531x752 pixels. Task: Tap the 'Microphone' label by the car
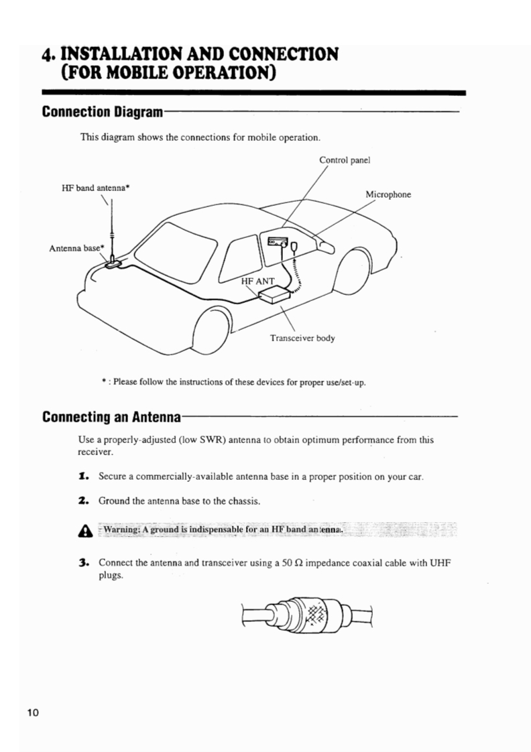[x=388, y=195]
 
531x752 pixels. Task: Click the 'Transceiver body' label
[x=302, y=338]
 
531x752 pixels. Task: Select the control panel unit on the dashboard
[x=279, y=243]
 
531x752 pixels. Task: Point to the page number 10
[x=34, y=712]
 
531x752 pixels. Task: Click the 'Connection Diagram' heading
[x=103, y=111]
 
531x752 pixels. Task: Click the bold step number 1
[x=84, y=477]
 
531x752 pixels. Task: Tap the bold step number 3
[x=84, y=562]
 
